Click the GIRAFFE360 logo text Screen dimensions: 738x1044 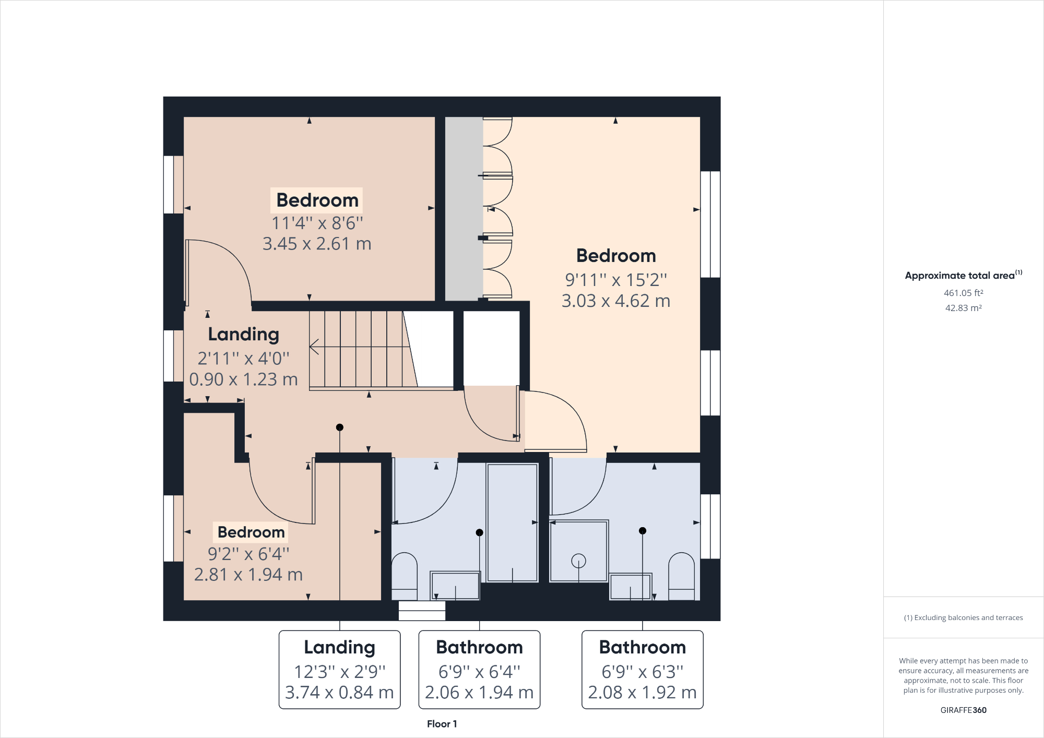[963, 710]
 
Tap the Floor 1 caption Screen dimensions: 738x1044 [442, 724]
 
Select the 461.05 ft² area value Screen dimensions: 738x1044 [963, 293]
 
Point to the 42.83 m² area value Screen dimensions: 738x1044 [963, 308]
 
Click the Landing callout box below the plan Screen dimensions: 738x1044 [339, 670]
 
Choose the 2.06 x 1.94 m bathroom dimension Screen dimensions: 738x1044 [479, 693]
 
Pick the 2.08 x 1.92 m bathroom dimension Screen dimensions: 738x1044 [642, 693]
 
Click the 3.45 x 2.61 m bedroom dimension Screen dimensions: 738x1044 [317, 244]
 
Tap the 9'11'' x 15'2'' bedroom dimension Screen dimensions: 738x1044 [616, 280]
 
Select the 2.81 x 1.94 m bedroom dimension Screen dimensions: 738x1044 [248, 575]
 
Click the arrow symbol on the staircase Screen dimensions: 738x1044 [315, 347]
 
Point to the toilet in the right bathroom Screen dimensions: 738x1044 [681, 577]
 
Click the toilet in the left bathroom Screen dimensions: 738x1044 [404, 577]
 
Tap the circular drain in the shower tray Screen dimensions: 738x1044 [578, 561]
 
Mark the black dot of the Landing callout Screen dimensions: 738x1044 [340, 427]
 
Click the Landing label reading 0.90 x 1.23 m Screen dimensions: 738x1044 [243, 379]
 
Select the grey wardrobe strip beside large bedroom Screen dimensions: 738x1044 [464, 209]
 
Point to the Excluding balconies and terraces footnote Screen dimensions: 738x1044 [963, 617]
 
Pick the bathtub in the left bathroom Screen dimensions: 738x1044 [512, 522]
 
